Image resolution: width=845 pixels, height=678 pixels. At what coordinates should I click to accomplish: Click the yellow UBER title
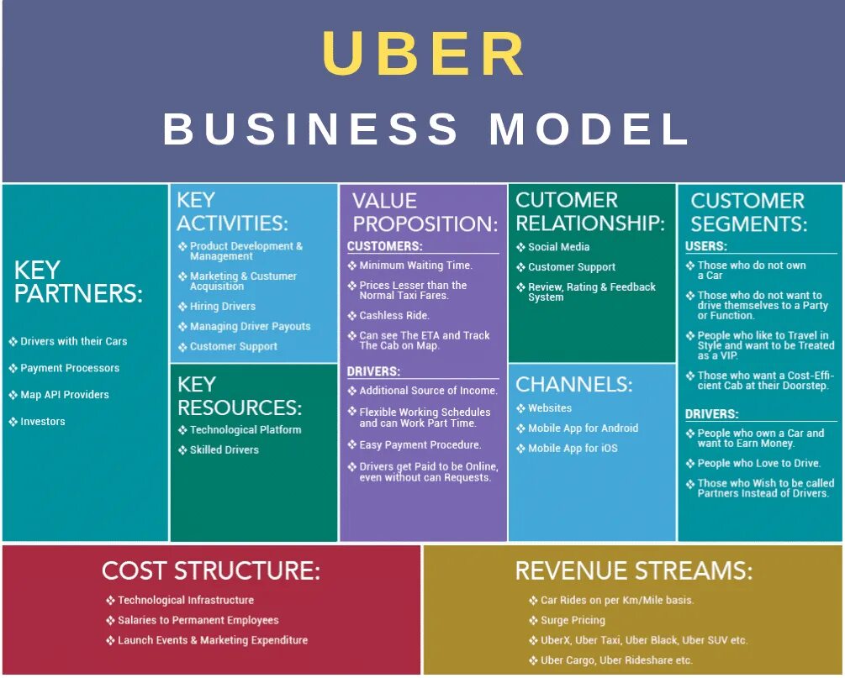point(423,55)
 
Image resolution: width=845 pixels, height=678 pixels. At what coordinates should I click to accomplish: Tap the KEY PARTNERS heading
point(78,282)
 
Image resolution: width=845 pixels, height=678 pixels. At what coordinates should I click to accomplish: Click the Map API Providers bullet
point(65,395)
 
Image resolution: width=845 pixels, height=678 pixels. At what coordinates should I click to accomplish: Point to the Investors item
point(43,422)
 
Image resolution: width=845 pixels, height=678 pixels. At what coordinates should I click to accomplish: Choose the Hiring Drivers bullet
point(223,307)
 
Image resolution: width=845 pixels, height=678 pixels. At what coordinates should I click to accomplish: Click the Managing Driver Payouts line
point(250,327)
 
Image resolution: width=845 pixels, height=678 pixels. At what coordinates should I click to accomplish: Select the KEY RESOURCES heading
point(239,397)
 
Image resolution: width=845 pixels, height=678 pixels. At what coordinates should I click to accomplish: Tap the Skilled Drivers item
point(224,450)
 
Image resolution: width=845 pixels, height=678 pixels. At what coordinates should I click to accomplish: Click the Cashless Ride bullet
point(394,316)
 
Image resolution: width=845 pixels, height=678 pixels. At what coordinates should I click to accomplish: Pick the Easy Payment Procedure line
point(420,445)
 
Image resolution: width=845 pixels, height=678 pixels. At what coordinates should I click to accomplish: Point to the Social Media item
point(558,247)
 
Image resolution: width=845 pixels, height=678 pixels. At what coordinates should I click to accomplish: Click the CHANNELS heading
point(573,385)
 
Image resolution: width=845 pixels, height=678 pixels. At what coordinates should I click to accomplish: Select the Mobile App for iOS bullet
point(573,449)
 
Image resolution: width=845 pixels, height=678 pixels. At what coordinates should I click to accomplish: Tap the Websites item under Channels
point(550,408)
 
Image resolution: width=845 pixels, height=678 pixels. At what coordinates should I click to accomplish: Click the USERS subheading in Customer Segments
point(706,247)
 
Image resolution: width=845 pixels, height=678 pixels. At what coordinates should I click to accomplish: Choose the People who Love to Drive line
point(758,464)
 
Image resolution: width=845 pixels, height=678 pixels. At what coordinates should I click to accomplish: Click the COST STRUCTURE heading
point(211,571)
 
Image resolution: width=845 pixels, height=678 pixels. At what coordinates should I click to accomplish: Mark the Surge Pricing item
point(573,621)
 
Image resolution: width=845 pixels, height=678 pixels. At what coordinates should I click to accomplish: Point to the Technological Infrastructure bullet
point(186,601)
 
